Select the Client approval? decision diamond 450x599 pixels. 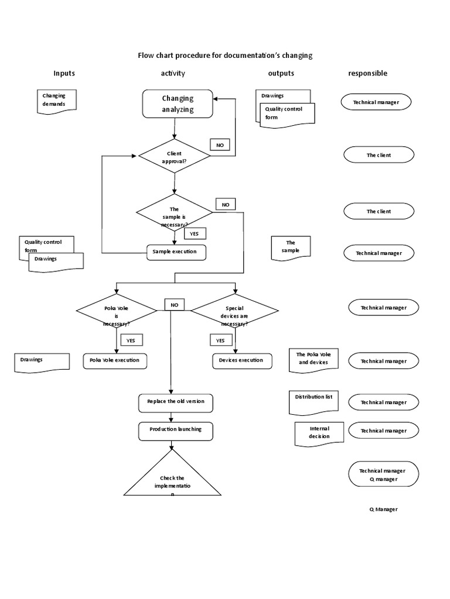pos(174,156)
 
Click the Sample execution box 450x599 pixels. pos(176,252)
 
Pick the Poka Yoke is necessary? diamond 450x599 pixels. pos(117,312)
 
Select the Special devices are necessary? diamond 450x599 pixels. pos(234,312)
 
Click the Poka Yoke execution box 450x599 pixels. pos(115,360)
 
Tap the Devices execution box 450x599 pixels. pos(241,360)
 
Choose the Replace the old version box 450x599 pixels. pos(176,402)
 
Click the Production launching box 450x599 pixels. pos(176,430)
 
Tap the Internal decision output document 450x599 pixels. pos(319,433)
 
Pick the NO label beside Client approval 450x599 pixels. pos(220,145)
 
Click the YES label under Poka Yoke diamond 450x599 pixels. pos(131,340)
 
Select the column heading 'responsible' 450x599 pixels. pos(367,74)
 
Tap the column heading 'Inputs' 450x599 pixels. pos(64,74)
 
